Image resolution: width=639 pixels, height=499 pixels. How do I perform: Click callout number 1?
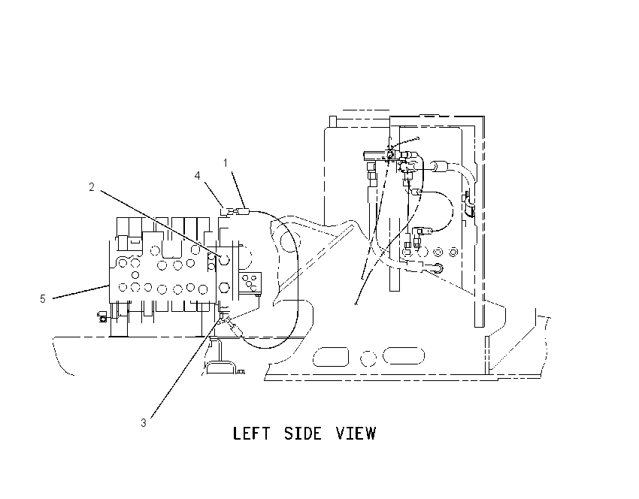click(226, 163)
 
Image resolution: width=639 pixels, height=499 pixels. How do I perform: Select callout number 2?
click(92, 187)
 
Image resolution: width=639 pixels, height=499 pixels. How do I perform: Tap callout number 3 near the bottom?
click(144, 423)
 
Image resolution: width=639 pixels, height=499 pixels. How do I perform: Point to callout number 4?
click(197, 176)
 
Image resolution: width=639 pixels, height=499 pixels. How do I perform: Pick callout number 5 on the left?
click(43, 299)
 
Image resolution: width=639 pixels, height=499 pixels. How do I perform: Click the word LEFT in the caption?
click(251, 434)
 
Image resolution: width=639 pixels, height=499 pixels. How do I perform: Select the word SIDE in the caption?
click(303, 434)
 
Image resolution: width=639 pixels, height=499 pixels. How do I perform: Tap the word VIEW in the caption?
click(356, 434)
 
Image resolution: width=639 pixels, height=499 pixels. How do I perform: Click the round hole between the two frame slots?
click(368, 358)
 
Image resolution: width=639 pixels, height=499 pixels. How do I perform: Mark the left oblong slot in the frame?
click(331, 357)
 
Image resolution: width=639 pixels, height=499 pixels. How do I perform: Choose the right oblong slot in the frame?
click(404, 355)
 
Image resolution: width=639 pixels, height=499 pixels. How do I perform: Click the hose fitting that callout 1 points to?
click(244, 211)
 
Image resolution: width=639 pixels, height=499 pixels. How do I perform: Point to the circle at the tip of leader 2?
click(224, 259)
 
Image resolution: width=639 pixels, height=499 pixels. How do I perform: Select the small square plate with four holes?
click(250, 283)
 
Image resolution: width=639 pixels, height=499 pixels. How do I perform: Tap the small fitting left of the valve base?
click(102, 316)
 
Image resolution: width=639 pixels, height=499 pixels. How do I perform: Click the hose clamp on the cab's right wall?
click(468, 204)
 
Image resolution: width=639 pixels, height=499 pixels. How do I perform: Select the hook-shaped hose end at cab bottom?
click(438, 268)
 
